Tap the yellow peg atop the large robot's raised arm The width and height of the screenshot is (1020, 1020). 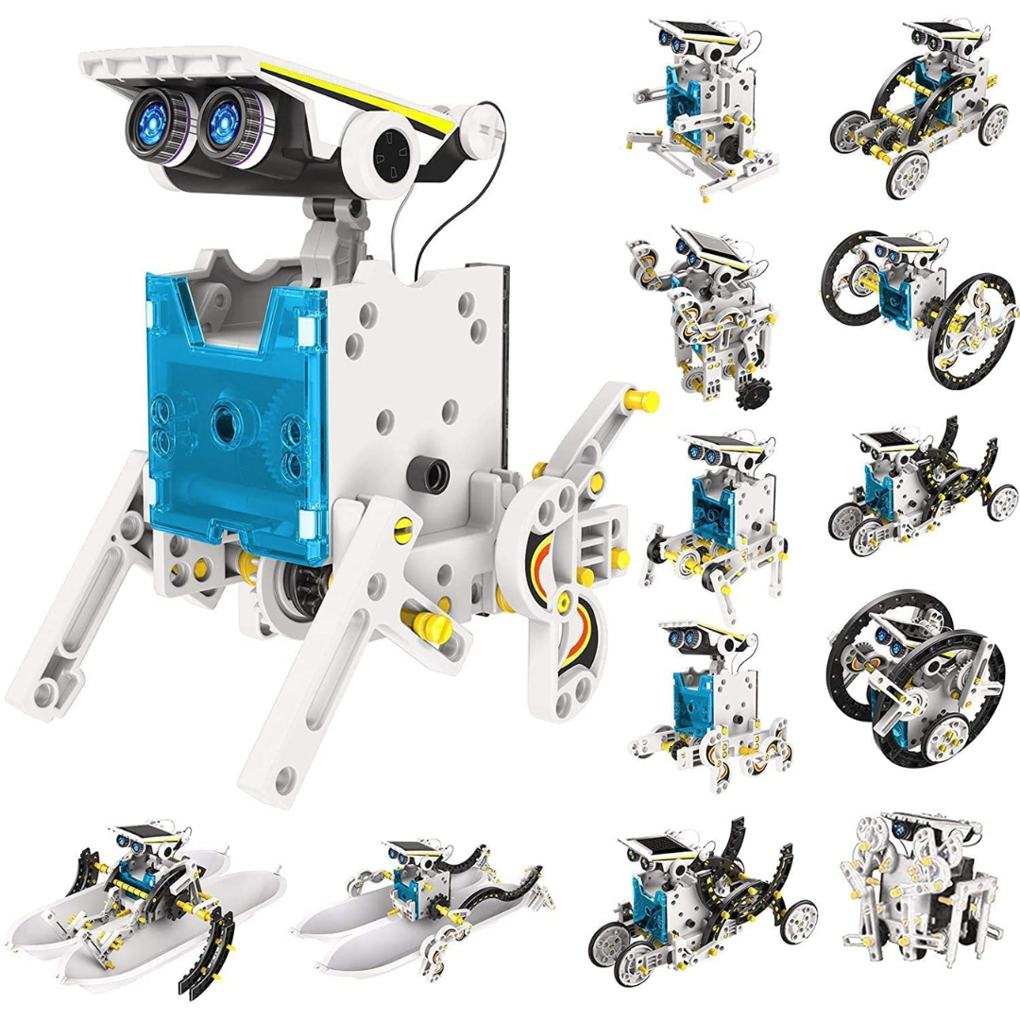coord(645,400)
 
